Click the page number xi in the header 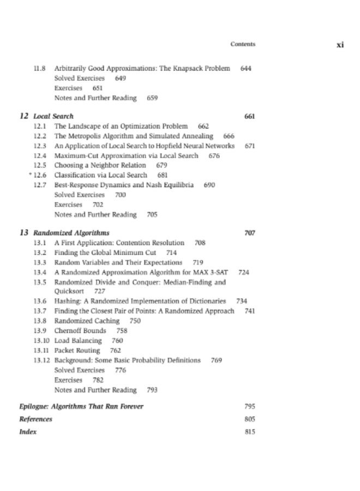[339, 45]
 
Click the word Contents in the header [243, 44]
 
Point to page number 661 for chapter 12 [250, 116]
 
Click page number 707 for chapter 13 [250, 233]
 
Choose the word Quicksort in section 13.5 [68, 292]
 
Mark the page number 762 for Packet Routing [116, 351]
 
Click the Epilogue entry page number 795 [250, 407]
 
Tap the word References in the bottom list [36, 419]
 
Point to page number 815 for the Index [250, 432]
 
